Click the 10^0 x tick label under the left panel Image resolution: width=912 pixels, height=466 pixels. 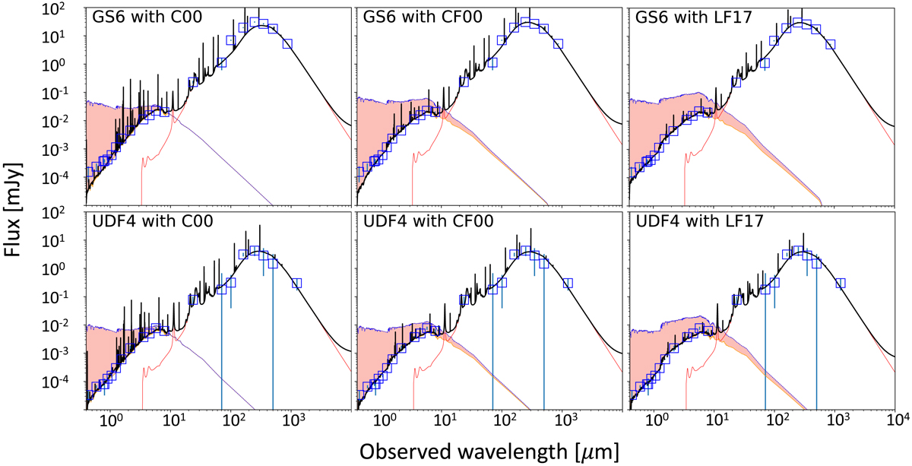pyautogui.click(x=112, y=419)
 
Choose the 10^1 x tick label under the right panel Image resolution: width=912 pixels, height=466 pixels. pyautogui.click(x=717, y=419)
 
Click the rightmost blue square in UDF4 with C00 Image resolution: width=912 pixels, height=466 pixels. pyautogui.click(x=296, y=283)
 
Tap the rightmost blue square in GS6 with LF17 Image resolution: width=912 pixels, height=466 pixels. pyautogui.click(x=831, y=44)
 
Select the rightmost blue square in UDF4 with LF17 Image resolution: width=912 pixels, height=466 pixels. pyautogui.click(x=841, y=283)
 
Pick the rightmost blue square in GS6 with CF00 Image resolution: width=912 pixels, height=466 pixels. pyautogui.click(x=559, y=43)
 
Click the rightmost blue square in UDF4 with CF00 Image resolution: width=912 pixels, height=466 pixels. pyautogui.click(x=568, y=283)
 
